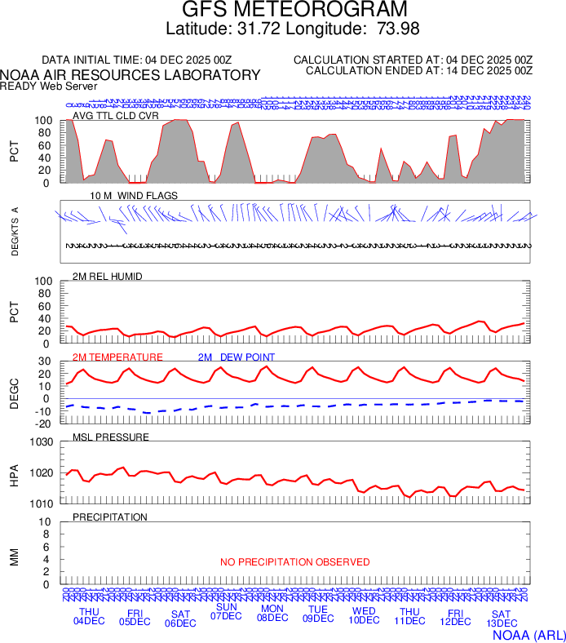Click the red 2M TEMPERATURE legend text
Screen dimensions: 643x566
point(117,357)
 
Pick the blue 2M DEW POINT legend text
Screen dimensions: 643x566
point(237,357)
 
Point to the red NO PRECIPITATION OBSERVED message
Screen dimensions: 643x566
point(294,562)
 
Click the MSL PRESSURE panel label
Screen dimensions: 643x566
point(111,437)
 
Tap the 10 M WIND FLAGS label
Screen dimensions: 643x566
point(134,196)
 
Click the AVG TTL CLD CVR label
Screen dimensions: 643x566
point(116,116)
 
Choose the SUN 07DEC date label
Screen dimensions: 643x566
point(226,611)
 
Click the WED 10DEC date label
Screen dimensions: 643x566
point(364,616)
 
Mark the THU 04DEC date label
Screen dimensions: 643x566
point(89,616)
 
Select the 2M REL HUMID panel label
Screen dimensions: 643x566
point(108,277)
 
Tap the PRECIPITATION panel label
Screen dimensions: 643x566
point(110,517)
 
